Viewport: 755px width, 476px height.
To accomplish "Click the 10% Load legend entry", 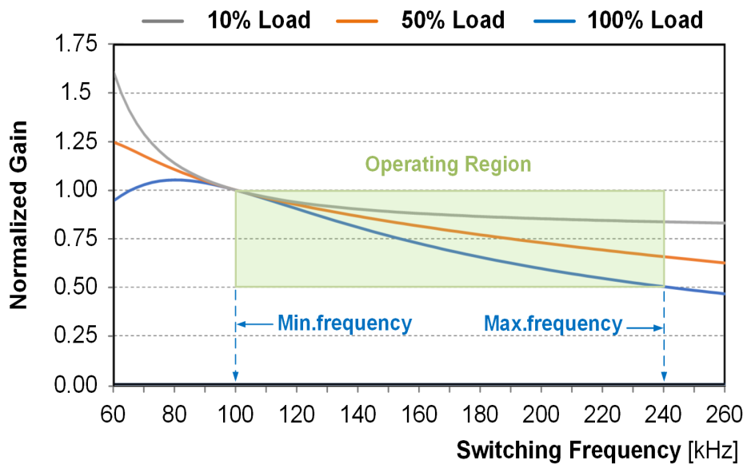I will (258, 19).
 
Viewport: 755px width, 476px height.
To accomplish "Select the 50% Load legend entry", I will (453, 19).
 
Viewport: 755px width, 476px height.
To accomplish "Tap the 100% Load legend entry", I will (645, 19).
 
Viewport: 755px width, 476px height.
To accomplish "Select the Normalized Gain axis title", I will (19, 215).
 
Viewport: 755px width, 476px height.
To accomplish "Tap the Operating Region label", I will (448, 165).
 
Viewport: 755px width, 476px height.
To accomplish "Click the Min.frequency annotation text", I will (344, 323).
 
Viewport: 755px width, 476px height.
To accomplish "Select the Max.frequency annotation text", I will (553, 323).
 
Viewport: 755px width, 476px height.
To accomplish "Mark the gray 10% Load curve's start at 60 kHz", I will (114, 73).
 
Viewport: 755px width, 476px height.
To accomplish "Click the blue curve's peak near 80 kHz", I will (174, 180).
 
